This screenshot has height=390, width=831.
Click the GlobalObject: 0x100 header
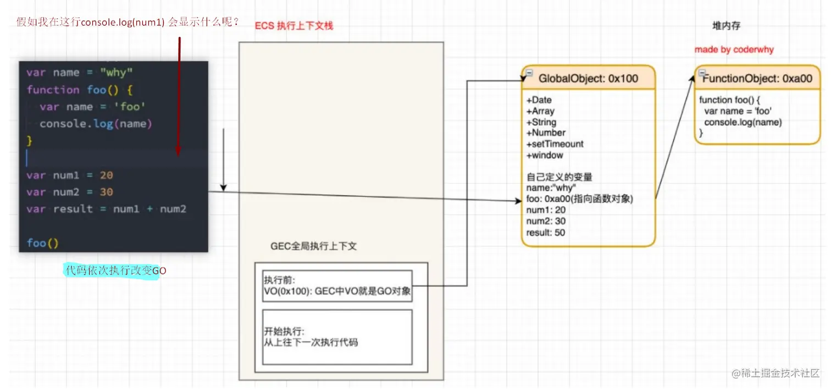588,78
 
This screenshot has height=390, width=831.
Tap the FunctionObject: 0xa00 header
757,78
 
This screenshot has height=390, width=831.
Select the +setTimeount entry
555,144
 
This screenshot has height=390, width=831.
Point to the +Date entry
539,100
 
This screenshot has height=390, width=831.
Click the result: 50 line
545,233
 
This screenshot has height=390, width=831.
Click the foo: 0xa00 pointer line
580,199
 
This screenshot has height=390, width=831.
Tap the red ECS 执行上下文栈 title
294,26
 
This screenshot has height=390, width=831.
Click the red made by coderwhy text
734,50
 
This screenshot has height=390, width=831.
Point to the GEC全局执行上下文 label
313,246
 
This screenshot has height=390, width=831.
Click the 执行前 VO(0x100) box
337,286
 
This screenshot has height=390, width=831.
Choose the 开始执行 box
337,337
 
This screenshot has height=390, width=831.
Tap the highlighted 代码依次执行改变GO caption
115,271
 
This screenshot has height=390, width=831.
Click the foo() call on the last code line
42,243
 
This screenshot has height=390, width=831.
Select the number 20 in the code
106,175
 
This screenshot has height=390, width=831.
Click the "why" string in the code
117,73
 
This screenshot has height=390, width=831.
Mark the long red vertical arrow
179,96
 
